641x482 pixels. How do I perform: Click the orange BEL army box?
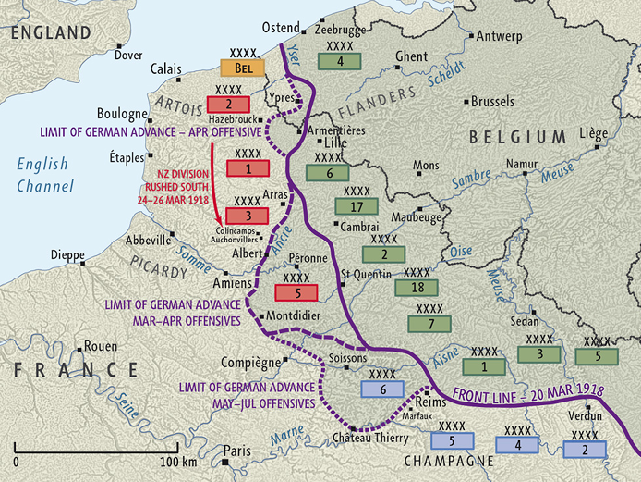[243, 68]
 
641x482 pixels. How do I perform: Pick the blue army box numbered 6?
[383, 389]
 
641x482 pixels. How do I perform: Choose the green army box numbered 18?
[417, 289]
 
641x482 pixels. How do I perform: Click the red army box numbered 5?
[297, 292]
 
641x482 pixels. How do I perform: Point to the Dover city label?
[127, 55]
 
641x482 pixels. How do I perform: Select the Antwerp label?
[500, 36]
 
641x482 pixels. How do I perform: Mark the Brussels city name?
[492, 101]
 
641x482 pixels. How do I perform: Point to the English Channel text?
[43, 175]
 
